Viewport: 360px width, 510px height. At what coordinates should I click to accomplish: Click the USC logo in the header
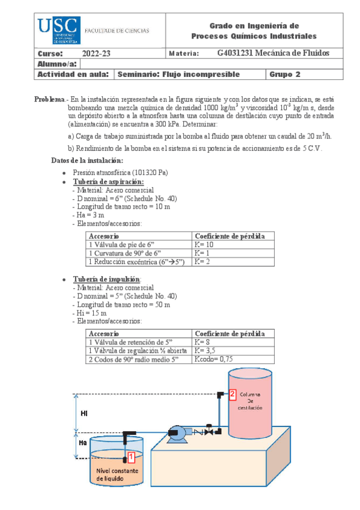[x=58, y=30]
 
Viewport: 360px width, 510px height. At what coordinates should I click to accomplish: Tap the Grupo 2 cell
[x=285, y=75]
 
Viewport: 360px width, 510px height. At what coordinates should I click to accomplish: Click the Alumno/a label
[x=57, y=64]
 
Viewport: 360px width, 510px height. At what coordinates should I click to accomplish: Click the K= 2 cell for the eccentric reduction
[x=201, y=263]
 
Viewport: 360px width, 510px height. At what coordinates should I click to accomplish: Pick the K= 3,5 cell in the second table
[x=206, y=351]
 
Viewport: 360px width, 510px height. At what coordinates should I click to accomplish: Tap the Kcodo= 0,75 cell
[x=213, y=359]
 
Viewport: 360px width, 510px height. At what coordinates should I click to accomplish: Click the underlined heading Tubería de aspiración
[x=108, y=182]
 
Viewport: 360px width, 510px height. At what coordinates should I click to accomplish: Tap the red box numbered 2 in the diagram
[x=233, y=394]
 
